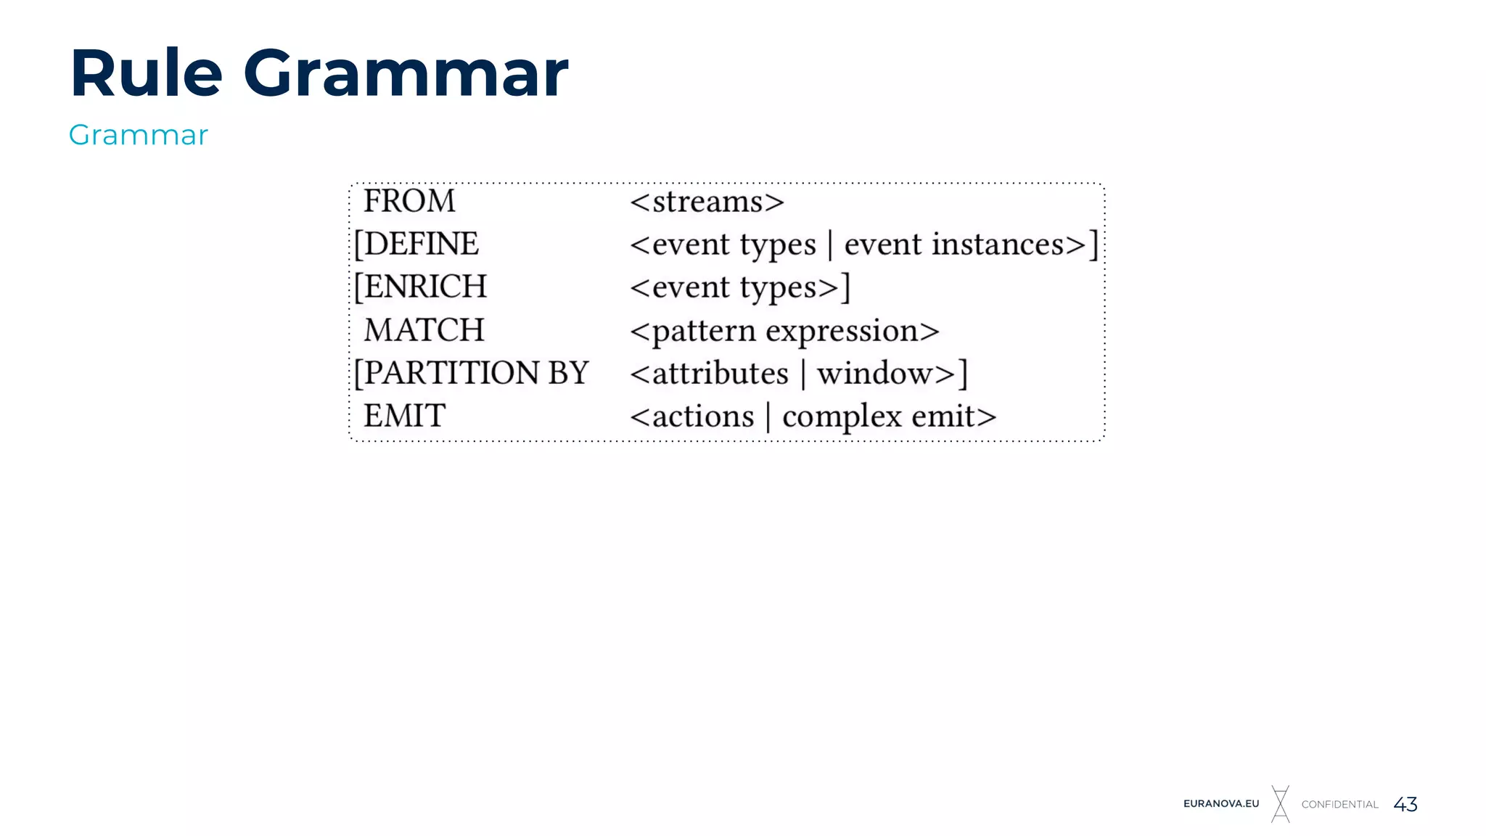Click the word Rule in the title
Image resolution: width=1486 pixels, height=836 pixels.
[x=146, y=73]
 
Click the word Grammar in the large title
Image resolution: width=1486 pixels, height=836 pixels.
[x=406, y=73]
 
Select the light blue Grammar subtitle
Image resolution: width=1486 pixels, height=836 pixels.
[x=138, y=135]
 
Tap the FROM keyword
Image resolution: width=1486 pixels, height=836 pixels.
[x=409, y=201]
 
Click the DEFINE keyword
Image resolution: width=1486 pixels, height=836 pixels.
[x=421, y=244]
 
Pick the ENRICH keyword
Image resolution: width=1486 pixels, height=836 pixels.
[x=425, y=287]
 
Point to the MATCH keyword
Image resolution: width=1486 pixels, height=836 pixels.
[x=424, y=330]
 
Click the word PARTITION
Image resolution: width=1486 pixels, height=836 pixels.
[x=451, y=373]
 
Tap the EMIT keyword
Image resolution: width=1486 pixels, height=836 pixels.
[x=404, y=416]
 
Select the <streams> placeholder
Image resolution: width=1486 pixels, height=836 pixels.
[x=707, y=202]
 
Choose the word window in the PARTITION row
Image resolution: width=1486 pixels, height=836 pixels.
[x=874, y=374]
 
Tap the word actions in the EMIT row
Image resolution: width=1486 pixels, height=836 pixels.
[x=702, y=417]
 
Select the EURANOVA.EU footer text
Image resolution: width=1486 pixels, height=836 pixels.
[x=1221, y=803]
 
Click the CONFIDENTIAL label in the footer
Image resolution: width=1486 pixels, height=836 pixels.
[x=1339, y=804]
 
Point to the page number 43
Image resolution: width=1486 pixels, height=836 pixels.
[x=1405, y=804]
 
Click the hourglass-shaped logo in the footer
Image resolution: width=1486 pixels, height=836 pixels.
[x=1281, y=804]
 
